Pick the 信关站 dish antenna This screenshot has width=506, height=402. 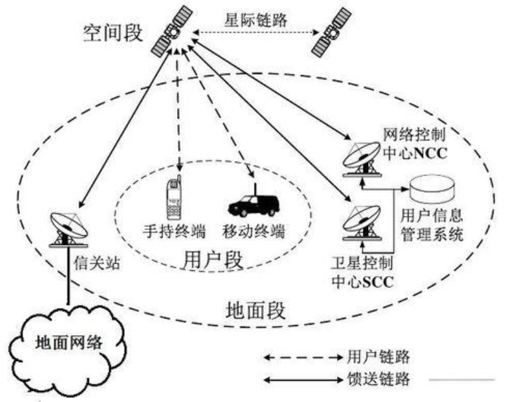tap(68, 228)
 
